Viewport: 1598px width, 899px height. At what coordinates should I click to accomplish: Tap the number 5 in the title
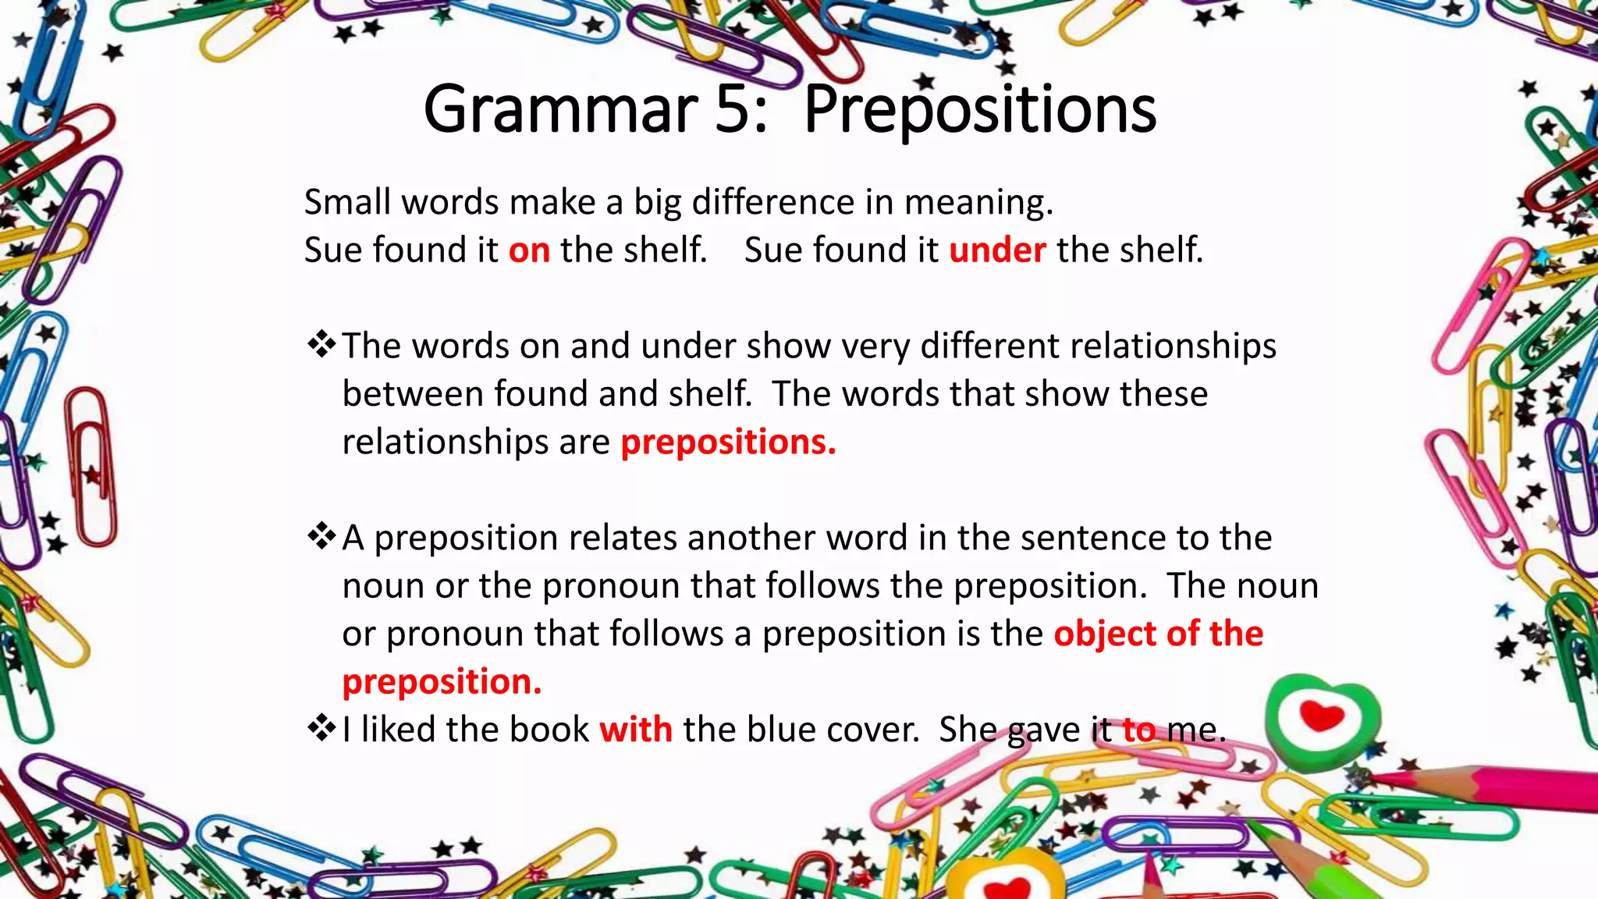(x=732, y=109)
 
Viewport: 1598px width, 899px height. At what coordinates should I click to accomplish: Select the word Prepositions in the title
(x=979, y=111)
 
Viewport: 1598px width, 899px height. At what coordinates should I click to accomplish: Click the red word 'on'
(x=529, y=251)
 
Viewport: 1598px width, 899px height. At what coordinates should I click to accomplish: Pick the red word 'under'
(x=996, y=251)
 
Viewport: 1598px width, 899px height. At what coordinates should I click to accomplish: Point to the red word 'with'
(x=635, y=730)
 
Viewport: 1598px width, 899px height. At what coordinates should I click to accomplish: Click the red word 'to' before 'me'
(x=1138, y=730)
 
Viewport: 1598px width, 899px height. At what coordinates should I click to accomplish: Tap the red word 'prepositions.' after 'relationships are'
(x=728, y=442)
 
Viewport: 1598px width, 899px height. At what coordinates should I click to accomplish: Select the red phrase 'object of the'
(x=1158, y=634)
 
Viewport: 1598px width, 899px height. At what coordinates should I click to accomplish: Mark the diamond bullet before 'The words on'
(x=321, y=344)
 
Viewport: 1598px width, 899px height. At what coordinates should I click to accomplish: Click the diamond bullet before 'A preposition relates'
(x=321, y=536)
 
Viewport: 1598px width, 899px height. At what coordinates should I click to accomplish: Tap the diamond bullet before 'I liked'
(x=321, y=728)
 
